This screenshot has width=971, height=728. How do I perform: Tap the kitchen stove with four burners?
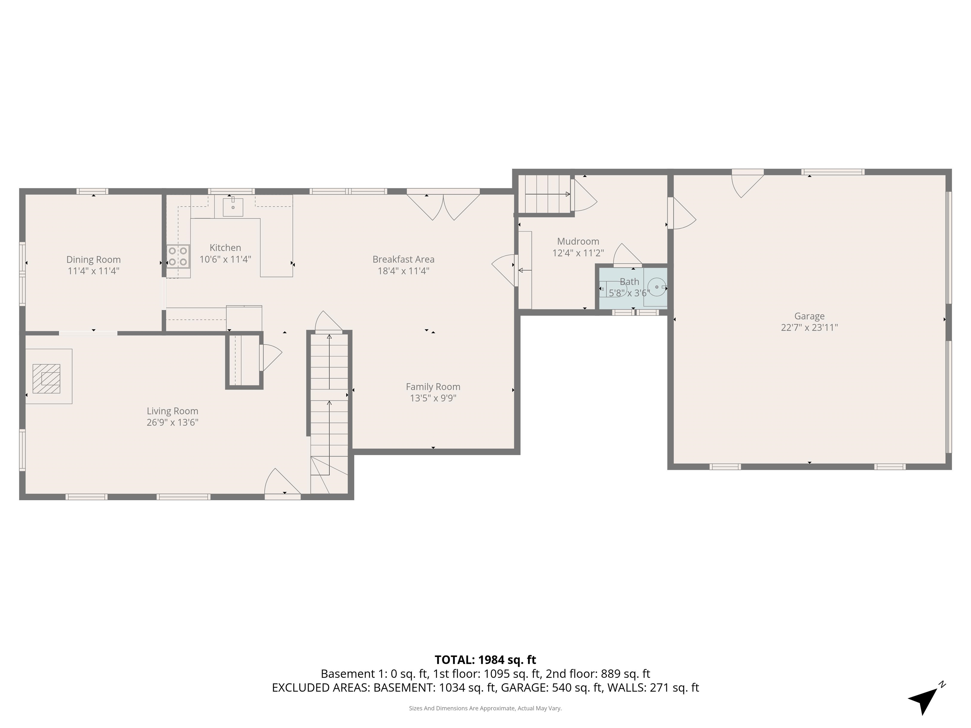(x=178, y=257)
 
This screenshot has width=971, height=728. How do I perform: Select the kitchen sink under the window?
(x=233, y=207)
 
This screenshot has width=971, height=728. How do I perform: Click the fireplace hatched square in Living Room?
(x=46, y=378)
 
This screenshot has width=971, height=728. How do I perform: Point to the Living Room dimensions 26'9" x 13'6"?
(x=173, y=422)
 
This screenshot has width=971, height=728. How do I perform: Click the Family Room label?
(x=433, y=387)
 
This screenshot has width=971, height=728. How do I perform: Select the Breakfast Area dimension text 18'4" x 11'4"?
(x=403, y=271)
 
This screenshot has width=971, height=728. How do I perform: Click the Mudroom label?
(x=578, y=241)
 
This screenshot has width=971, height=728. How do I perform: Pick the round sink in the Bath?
(x=657, y=287)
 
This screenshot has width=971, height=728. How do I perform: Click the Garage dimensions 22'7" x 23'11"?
(x=809, y=327)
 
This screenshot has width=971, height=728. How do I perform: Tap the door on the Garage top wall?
(x=748, y=184)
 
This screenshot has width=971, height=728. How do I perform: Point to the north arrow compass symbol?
(x=924, y=700)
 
